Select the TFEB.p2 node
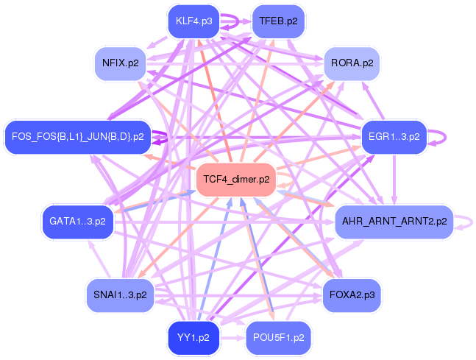pyautogui.click(x=278, y=21)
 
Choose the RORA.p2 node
pyautogui.click(x=352, y=63)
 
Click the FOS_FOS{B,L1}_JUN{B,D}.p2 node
pyautogui.click(x=77, y=136)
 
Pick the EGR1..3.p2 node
pyautogui.click(x=394, y=136)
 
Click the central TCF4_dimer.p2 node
pyautogui.click(x=236, y=179)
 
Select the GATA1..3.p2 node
pyautogui.click(x=77, y=221)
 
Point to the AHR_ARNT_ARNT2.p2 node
pyautogui.click(x=394, y=221)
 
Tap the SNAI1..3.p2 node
pyautogui.click(x=120, y=294)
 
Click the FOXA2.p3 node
pyautogui.click(x=352, y=294)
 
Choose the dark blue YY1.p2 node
pyautogui.click(x=193, y=338)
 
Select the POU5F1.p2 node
pyautogui.click(x=278, y=338)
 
